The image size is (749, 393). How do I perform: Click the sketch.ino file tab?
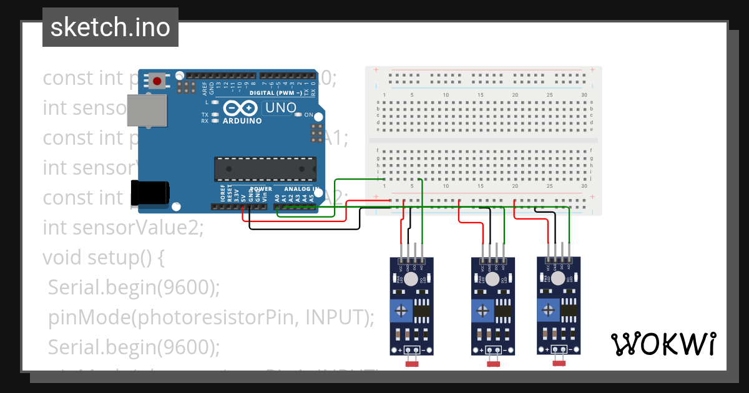point(110,27)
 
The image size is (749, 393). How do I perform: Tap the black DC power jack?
point(150,192)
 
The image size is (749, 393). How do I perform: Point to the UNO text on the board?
point(280,108)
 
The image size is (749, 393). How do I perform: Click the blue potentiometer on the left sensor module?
point(403,310)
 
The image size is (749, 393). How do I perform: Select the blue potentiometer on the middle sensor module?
point(484,309)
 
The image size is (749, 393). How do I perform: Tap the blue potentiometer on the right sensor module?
point(550,309)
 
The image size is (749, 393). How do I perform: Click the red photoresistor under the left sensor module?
point(412,362)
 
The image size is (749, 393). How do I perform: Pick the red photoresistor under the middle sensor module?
point(493,362)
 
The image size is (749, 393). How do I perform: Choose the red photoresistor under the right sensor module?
point(559,361)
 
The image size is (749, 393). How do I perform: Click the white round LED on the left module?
point(411,279)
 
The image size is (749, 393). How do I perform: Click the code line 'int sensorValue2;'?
point(123,227)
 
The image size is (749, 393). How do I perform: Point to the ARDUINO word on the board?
point(241,121)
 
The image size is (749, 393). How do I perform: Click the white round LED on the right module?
point(558,278)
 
